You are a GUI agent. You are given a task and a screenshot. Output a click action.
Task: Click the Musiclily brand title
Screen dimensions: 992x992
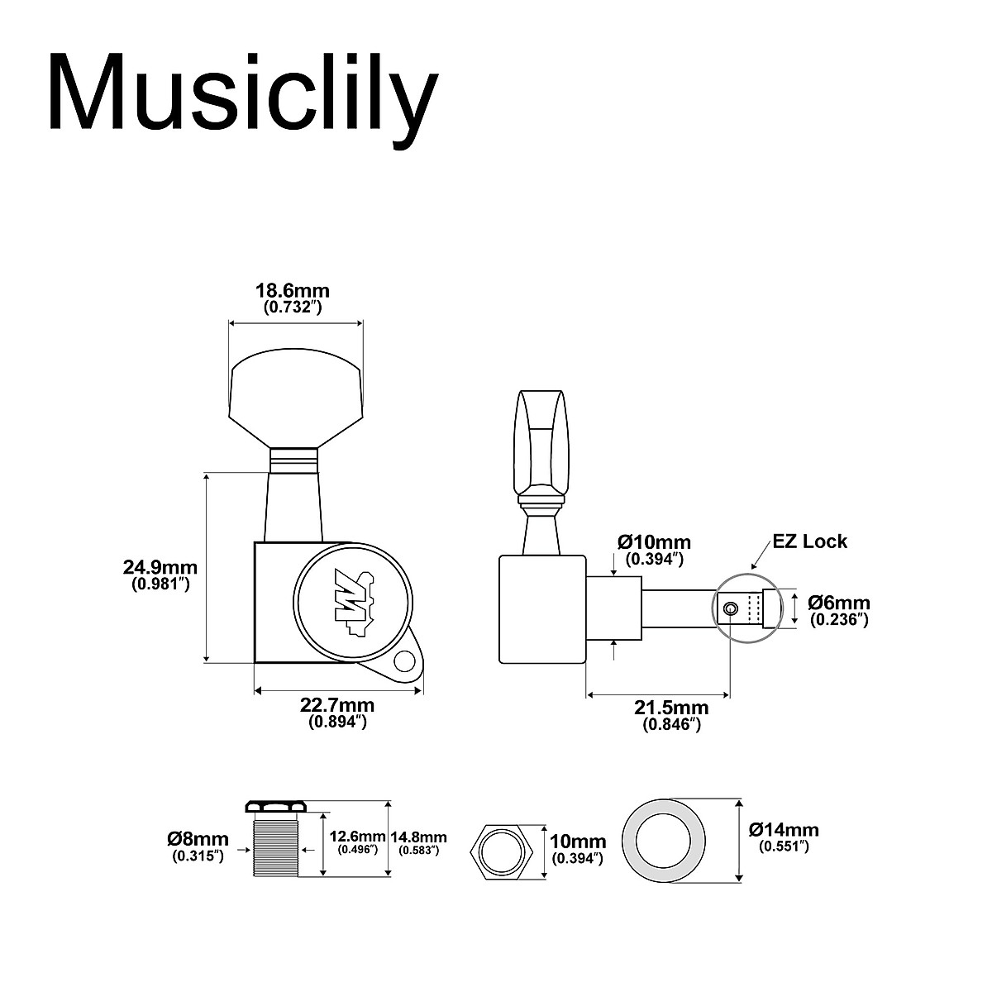242,93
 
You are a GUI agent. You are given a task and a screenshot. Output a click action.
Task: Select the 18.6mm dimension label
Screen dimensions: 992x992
292,290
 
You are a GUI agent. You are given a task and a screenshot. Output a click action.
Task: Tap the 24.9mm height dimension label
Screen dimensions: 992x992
160,567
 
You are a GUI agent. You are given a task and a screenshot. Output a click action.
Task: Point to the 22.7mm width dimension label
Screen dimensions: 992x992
337,705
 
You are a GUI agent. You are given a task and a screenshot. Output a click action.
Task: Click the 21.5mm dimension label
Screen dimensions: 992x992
671,708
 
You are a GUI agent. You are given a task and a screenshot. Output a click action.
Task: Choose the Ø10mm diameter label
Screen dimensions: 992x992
654,542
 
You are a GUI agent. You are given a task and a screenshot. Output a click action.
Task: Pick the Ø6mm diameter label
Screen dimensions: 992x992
838,603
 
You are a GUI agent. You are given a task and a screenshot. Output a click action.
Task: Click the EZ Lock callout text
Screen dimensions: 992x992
810,541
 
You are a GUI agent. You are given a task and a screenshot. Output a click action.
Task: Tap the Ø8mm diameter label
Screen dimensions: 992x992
198,840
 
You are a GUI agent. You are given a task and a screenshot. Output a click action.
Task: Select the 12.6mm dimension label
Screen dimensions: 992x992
357,837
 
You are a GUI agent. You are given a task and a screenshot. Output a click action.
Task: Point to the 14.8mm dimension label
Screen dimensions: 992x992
418,837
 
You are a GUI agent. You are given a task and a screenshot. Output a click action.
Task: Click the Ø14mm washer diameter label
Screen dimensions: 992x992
784,830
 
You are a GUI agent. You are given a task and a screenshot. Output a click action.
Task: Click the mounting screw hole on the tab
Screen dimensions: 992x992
404,661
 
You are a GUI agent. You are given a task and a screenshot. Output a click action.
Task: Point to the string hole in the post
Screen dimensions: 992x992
730,609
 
